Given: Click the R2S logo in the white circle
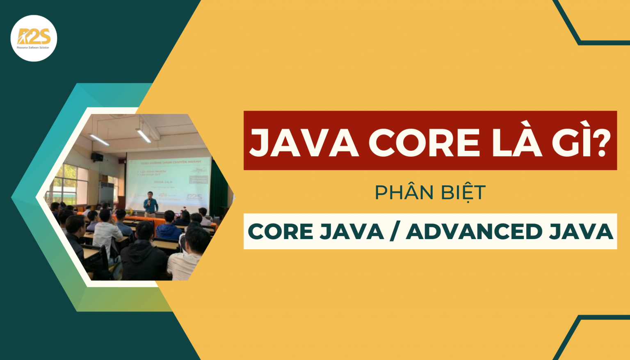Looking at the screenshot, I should (x=34, y=38).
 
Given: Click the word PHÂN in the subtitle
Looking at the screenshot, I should (x=404, y=193).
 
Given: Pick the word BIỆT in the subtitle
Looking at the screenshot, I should (x=462, y=193).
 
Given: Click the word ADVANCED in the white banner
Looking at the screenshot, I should (x=474, y=232).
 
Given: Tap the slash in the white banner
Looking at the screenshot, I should (x=394, y=232).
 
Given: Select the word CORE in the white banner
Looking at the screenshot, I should (x=280, y=232).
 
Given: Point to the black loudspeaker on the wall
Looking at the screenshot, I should (x=97, y=157).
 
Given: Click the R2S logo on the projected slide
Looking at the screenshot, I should (x=194, y=197).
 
